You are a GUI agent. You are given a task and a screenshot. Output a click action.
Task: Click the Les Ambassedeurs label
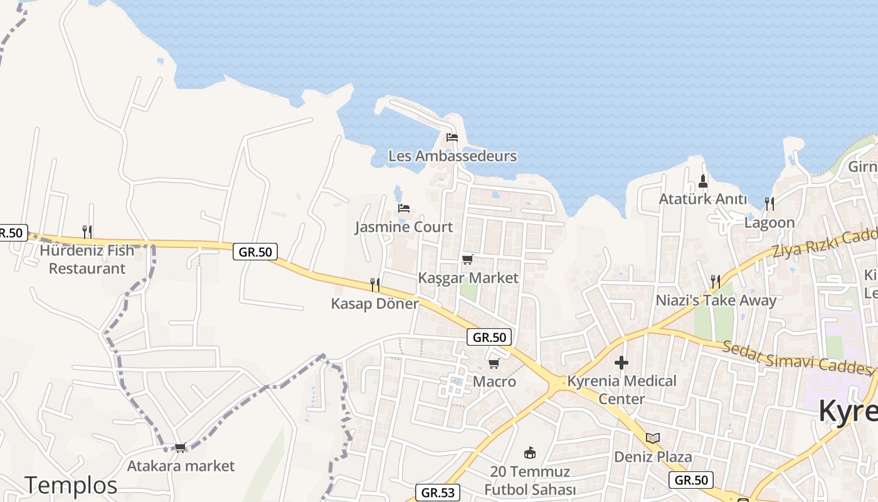coord(452,156)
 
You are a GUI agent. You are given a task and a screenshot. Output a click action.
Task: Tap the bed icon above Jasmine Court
coord(404,208)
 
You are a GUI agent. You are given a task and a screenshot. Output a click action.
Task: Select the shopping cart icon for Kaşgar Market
coord(467,259)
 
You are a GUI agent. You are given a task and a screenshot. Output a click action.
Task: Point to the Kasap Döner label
coord(374,304)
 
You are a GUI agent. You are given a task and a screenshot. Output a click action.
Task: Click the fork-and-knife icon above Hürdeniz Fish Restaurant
coord(87,232)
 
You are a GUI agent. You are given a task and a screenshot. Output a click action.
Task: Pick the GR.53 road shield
coord(438,493)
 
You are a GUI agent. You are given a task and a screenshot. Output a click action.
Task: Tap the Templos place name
coord(71,485)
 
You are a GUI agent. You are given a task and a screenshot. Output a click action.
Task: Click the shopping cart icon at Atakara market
coord(181,447)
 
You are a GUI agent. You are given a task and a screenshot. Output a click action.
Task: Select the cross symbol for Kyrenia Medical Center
coord(621,363)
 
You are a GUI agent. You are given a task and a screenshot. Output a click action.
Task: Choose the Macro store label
coord(494,382)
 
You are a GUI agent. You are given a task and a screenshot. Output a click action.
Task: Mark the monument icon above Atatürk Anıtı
coord(703,181)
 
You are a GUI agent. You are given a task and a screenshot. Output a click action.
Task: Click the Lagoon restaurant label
coord(770,223)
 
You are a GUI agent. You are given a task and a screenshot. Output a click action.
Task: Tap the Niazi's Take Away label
coord(716,301)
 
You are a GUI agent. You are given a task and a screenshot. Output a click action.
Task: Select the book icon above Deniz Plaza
coord(653,438)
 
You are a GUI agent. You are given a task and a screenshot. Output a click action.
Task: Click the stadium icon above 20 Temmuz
coord(530,452)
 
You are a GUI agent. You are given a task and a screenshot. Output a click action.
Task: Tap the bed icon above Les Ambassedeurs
coord(452,137)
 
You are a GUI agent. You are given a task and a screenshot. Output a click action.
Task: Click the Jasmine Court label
coord(404,227)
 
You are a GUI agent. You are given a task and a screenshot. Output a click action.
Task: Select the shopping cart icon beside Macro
coord(494,363)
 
